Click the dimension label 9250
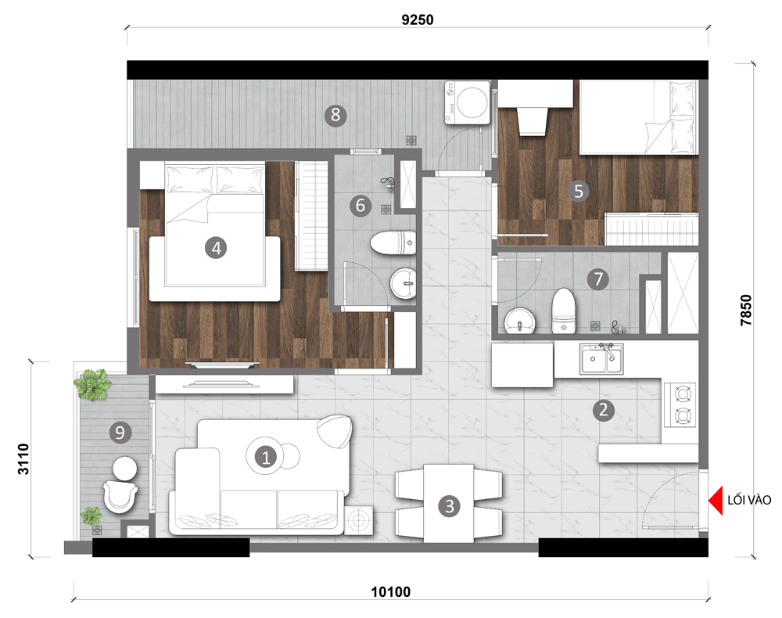[x=418, y=20]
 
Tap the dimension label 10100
[x=391, y=592]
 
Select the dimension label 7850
[x=745, y=311]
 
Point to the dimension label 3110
[x=23, y=459]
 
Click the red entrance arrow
[x=716, y=501]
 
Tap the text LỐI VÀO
[x=749, y=500]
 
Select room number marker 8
[x=335, y=115]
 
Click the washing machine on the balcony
[x=468, y=102]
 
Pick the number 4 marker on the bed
[x=216, y=248]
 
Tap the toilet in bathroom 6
[x=393, y=243]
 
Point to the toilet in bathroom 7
[x=564, y=311]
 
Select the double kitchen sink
[x=601, y=358]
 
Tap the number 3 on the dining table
[x=450, y=506]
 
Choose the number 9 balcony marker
[x=120, y=432]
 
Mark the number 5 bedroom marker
[x=579, y=191]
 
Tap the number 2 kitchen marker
[x=604, y=409]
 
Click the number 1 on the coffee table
[x=265, y=457]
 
